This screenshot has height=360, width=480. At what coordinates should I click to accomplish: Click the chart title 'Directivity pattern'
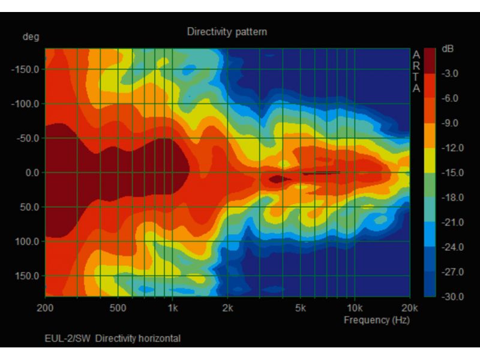227,31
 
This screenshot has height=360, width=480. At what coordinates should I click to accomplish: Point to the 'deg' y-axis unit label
31,37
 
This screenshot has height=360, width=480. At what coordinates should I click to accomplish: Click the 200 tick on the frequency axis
45,308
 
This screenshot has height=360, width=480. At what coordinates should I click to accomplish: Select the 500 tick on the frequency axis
118,308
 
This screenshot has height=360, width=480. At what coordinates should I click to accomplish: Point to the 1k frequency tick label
172,308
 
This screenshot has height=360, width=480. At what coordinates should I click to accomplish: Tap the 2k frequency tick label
227,308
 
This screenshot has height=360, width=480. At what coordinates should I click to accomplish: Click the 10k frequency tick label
355,308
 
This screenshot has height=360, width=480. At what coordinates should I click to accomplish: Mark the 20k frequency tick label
410,308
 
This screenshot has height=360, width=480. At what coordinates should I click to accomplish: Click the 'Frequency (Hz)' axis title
376,320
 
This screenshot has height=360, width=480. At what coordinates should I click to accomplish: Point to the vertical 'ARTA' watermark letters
416,71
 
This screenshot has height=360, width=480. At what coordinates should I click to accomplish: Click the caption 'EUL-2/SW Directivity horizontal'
112,338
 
